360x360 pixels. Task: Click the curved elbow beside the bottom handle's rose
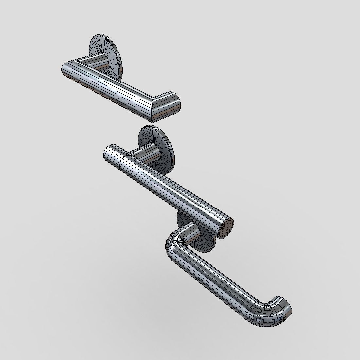[x=173, y=244]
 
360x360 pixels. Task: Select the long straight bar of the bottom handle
[x=213, y=281]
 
